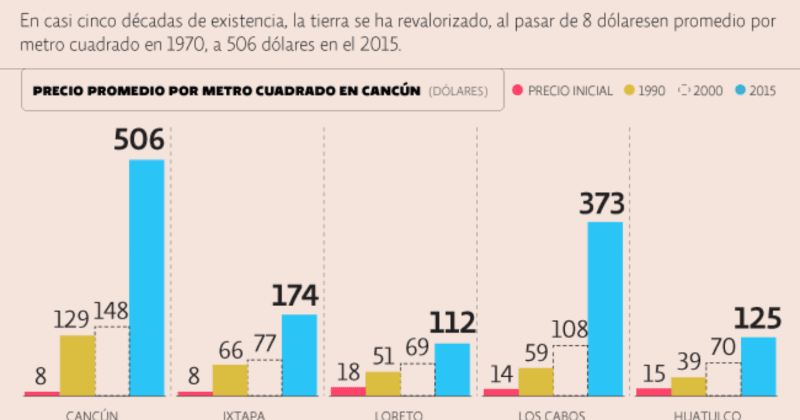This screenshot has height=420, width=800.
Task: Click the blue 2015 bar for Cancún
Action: click(x=146, y=277)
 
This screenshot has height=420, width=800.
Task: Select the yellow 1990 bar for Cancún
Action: click(x=77, y=365)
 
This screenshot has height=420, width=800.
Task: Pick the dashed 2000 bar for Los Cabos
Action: click(x=570, y=371)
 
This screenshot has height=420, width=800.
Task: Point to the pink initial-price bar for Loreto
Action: click(x=348, y=391)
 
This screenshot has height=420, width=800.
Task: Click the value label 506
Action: click(x=139, y=141)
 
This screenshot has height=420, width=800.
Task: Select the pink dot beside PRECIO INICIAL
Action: click(x=517, y=90)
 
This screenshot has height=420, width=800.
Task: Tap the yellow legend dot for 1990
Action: click(x=628, y=90)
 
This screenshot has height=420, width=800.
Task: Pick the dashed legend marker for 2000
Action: click(x=683, y=90)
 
